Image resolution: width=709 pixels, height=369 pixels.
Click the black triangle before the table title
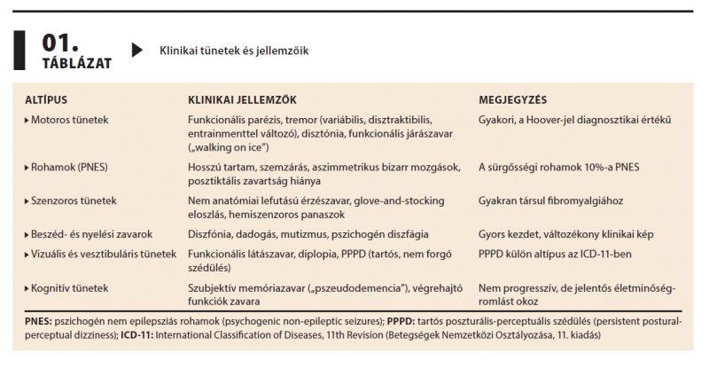136,51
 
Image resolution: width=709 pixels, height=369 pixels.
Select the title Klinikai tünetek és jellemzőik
234,51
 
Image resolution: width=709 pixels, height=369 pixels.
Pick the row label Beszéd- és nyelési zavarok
93,235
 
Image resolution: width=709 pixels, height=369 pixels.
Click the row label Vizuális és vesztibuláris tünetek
105,255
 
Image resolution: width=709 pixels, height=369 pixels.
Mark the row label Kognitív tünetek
70,288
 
